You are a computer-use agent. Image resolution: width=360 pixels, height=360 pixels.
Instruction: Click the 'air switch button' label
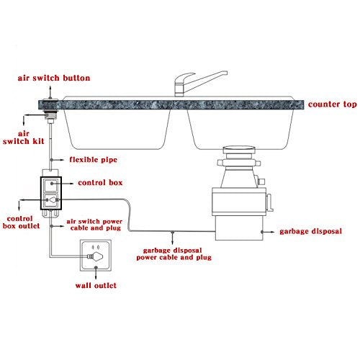[54, 78]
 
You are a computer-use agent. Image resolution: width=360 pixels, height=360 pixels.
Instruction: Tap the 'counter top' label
[333, 104]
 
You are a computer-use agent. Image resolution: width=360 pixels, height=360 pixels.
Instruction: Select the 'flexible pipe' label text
[94, 160]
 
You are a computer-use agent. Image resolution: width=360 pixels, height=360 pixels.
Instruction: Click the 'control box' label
[100, 183]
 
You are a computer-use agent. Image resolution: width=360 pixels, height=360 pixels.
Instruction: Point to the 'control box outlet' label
[21, 222]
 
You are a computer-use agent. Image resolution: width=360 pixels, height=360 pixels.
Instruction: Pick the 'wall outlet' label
[96, 285]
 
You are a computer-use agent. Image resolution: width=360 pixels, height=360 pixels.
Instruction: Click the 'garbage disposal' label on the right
[310, 231]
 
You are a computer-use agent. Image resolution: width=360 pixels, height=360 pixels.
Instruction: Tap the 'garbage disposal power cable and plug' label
[174, 254]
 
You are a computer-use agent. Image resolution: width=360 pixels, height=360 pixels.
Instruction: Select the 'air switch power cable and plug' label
[94, 225]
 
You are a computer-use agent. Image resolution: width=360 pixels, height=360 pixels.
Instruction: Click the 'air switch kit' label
[23, 138]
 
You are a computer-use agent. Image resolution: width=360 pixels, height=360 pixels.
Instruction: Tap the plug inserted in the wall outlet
[95, 256]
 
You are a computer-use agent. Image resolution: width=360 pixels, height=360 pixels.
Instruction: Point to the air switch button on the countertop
[50, 99]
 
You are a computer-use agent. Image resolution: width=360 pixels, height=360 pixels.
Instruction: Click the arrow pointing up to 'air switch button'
[50, 92]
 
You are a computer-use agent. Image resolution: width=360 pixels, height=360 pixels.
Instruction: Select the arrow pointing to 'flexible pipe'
[57, 160]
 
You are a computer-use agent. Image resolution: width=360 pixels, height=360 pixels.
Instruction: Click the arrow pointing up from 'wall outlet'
[96, 273]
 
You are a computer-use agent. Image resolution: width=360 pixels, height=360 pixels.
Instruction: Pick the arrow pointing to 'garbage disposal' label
[268, 232]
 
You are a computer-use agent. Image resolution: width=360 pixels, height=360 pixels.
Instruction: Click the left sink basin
[117, 129]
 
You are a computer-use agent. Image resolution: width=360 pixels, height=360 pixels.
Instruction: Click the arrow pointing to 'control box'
[63, 184]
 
